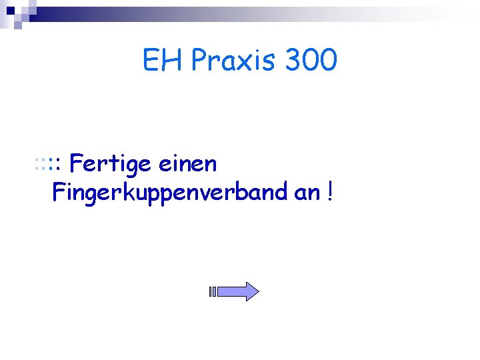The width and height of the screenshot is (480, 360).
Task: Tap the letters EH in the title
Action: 163,61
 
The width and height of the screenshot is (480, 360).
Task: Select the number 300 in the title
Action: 311,61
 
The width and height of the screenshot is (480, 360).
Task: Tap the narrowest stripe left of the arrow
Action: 209,291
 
